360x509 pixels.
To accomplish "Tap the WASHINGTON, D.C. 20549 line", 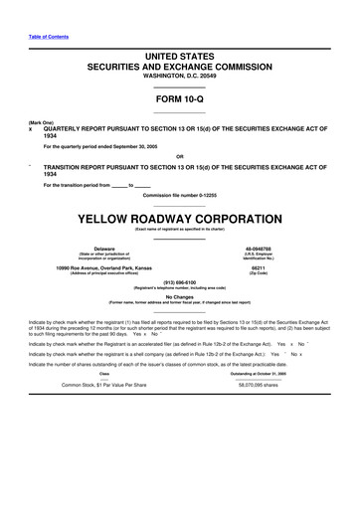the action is tap(179, 77).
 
